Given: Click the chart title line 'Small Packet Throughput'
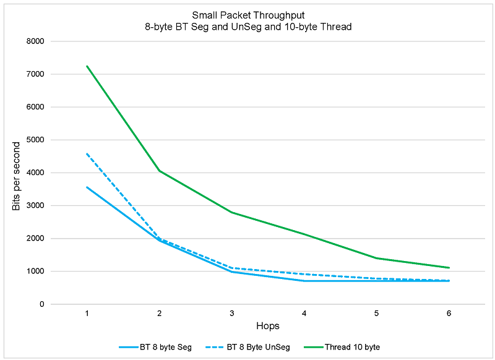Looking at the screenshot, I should pos(247,15).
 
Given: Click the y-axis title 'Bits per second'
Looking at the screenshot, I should pos(17,176).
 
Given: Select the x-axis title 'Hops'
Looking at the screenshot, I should pos(267,325).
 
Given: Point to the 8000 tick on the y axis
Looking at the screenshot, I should pos(35,41).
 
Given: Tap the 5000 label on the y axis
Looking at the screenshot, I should pos(35,140).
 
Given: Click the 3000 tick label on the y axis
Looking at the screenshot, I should pos(35,205).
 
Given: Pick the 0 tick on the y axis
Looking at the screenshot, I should pos(41,304).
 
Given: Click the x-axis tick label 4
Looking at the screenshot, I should pos(304,314).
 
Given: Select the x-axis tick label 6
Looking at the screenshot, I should pos(449,314).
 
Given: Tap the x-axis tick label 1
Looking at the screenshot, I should pos(87,314).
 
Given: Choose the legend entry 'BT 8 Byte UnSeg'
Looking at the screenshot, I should pos(260,347).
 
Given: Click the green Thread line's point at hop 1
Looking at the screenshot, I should pos(87,66).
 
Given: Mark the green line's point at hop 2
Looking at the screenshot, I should pos(160,171).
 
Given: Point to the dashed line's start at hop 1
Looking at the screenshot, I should pos(87,153).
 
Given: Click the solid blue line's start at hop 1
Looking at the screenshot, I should pos(87,187).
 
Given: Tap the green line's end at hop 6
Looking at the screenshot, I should pos(449,268).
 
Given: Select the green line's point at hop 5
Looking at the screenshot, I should pos(376,258).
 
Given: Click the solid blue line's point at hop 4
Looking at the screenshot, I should pos(304,281).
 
